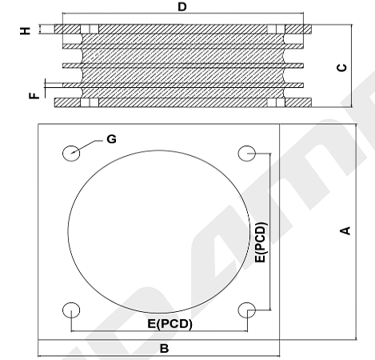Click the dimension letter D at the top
182,6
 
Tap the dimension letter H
26,30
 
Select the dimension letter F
34,95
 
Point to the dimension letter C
342,67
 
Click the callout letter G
111,139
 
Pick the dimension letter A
345,230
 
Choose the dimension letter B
164,348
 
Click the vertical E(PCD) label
261,242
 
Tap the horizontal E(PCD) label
170,324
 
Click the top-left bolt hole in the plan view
71,154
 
